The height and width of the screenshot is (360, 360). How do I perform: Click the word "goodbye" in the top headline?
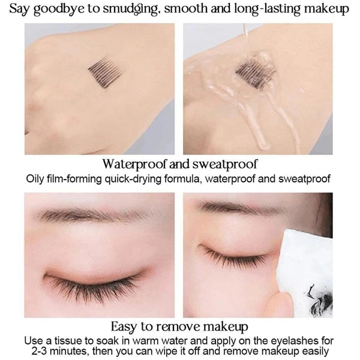point(59,9)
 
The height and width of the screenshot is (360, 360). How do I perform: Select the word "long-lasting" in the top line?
point(267,9)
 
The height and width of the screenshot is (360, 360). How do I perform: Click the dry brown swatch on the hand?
point(105,71)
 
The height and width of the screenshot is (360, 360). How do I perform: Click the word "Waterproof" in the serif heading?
point(135,164)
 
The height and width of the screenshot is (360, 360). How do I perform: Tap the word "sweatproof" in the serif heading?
point(225,164)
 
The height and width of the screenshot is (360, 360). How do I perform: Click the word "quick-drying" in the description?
point(133,179)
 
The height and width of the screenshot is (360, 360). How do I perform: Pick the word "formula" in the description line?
point(183,179)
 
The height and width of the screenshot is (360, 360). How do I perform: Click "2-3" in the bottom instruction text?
point(39,351)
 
